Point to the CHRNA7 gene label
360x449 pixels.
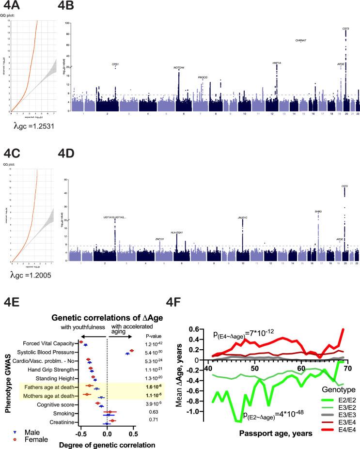point(300,40)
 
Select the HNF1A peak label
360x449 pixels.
point(277,63)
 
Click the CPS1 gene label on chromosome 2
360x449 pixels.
point(115,64)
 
